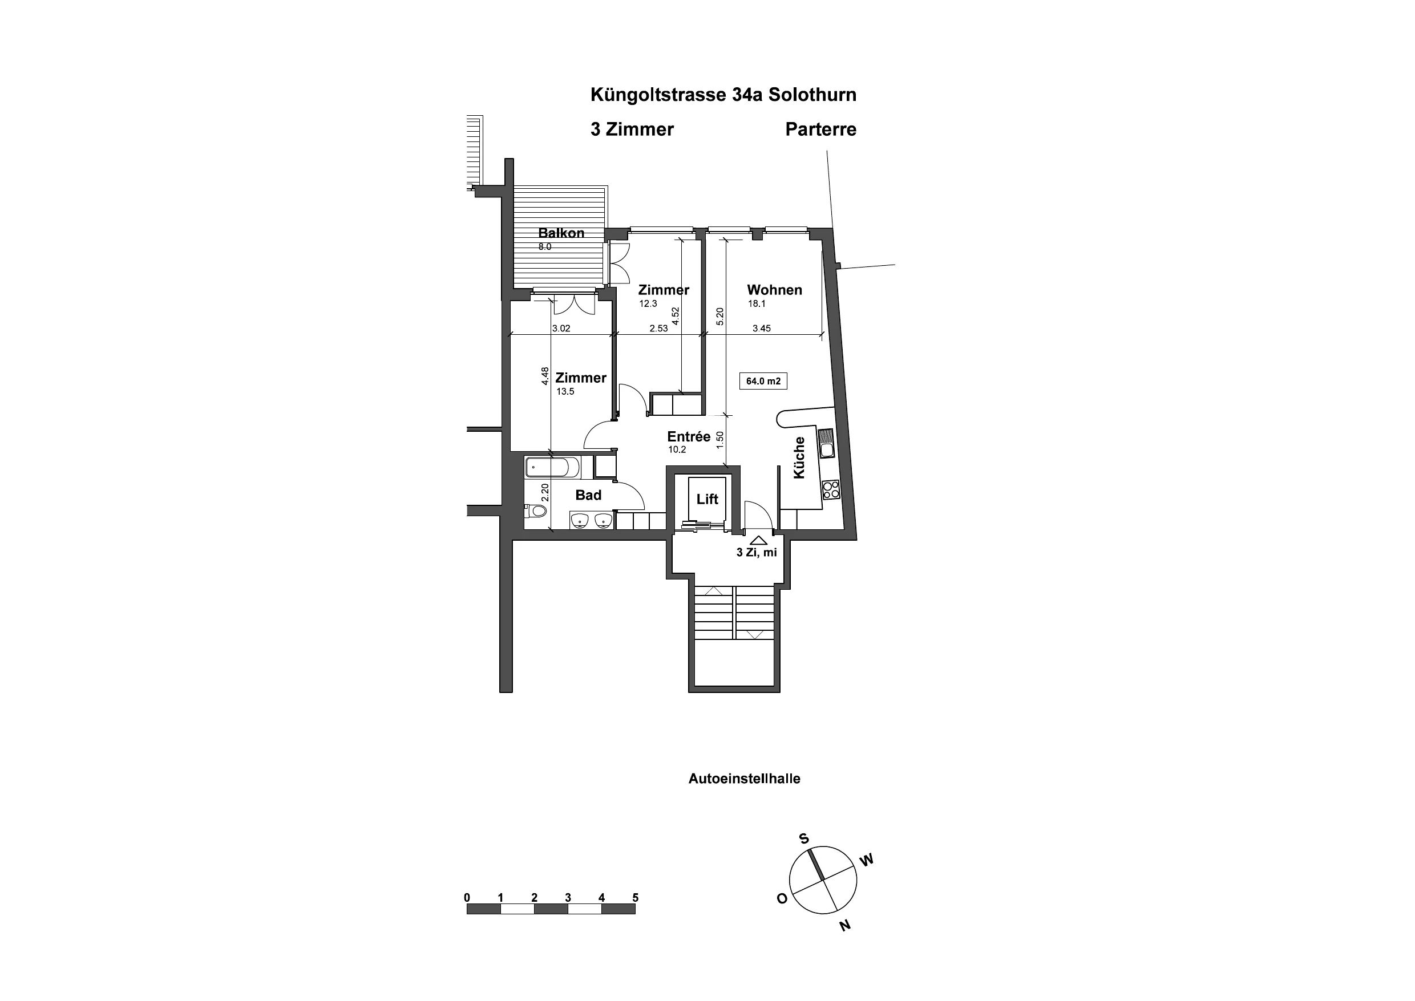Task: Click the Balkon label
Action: click(561, 233)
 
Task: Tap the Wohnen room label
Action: click(774, 290)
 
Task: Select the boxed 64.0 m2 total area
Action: click(763, 381)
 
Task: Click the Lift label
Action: click(707, 499)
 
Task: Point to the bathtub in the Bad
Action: click(552, 468)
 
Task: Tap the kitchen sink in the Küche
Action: click(826, 443)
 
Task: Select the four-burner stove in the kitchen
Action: click(831, 489)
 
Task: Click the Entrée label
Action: click(689, 436)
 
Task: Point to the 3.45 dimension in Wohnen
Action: click(762, 329)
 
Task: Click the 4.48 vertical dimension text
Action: click(545, 376)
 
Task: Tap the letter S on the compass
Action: click(804, 838)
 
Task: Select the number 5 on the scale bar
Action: click(635, 897)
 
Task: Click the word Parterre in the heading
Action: click(820, 129)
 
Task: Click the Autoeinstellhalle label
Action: click(744, 779)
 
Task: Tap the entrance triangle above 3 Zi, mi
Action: click(758, 540)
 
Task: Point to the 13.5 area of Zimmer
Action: click(565, 391)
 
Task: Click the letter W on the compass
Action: click(867, 860)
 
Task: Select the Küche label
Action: click(799, 457)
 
